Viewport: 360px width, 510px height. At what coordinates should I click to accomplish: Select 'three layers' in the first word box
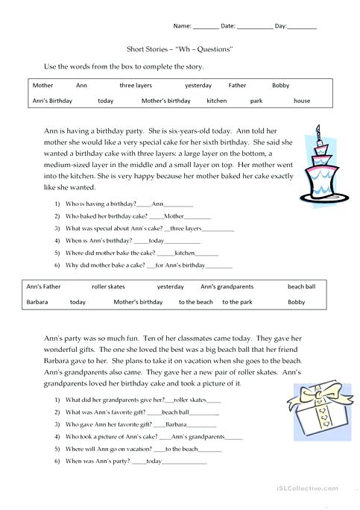pos(136,86)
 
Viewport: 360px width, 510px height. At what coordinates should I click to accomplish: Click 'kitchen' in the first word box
pos(217,101)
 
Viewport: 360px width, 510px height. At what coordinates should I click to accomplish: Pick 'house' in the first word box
pos(302,101)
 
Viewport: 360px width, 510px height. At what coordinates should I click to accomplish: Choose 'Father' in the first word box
pos(237,86)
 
